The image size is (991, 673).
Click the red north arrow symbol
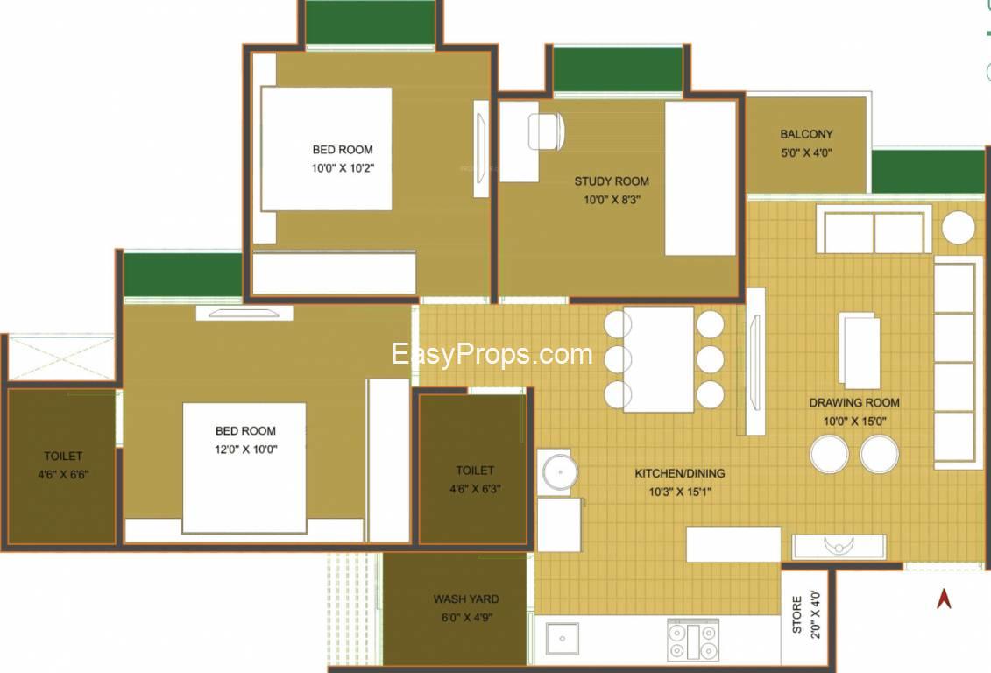coord(944,599)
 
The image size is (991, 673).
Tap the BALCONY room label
coord(806,134)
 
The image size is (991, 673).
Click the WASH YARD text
coord(466,599)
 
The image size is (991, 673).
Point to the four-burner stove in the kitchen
coord(693,641)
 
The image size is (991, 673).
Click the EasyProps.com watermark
coord(492,354)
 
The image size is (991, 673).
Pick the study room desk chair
coord(546,131)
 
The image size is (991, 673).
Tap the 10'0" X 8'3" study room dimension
coord(612,200)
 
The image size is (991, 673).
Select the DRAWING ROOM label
coord(853,402)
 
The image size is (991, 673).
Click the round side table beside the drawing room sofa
coord(958,228)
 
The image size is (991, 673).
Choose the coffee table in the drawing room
coord(860,351)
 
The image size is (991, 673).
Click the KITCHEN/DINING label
coord(679,473)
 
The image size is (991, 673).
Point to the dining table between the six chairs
coord(659,359)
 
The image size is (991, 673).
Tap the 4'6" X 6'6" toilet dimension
coord(63,475)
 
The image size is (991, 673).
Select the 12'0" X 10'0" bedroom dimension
coord(246,450)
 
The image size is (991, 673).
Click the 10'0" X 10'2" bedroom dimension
coord(343,168)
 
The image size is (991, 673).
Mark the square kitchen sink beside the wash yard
coord(562,639)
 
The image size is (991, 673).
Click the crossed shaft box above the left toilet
coord(60,358)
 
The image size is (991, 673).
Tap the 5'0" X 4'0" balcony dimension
coord(806,153)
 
